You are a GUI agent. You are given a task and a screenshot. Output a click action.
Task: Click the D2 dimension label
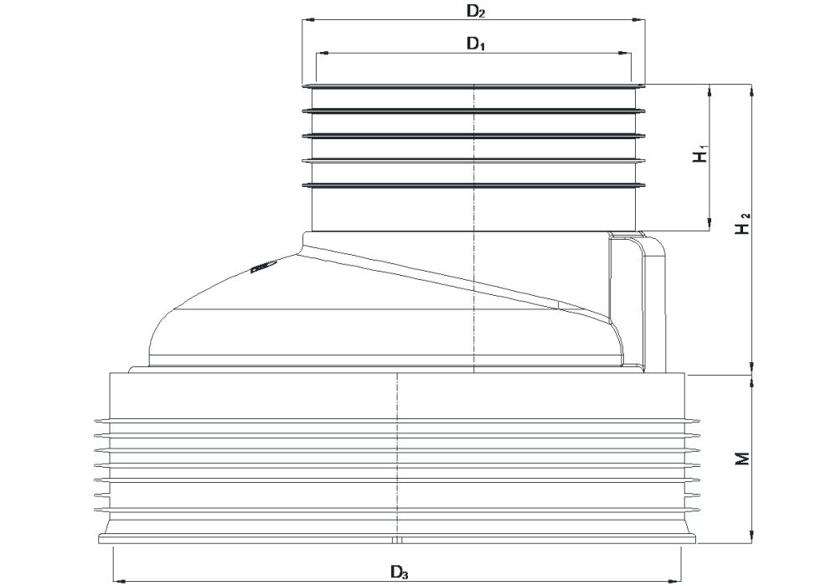click(475, 12)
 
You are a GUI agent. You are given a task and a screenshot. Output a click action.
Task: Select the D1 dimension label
click(475, 44)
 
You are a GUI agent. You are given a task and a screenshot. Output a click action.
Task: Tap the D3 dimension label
click(399, 573)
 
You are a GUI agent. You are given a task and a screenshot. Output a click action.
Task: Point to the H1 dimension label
click(700, 155)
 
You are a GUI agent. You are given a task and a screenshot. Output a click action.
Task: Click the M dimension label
click(744, 459)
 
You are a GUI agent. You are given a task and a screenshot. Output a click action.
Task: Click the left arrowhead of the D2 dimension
click(308, 20)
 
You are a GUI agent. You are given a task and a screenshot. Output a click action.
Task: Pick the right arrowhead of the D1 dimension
click(625, 53)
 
